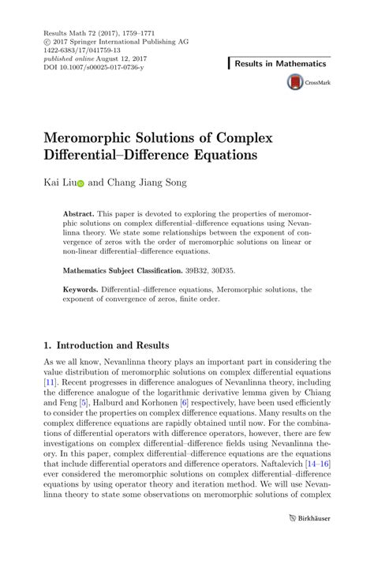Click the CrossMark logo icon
[295, 81]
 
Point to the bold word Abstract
[79, 214]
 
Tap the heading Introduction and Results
[113, 345]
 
